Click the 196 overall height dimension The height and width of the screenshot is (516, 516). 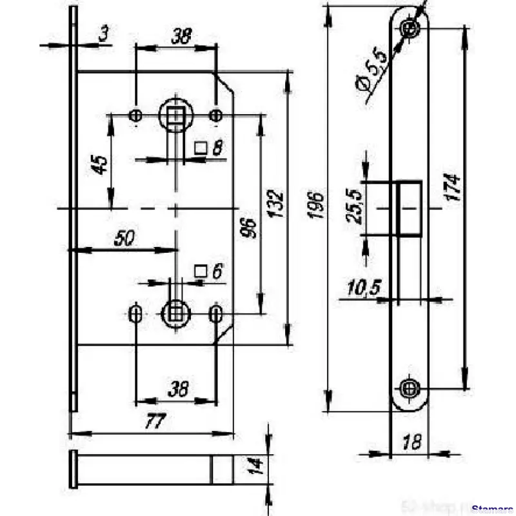click(316, 204)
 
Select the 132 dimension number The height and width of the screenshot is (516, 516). click(277, 205)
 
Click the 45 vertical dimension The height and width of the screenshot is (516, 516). click(99, 164)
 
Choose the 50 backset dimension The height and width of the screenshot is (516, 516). click(124, 238)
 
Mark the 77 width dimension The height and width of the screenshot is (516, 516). click(153, 422)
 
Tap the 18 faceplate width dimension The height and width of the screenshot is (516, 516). click(412, 442)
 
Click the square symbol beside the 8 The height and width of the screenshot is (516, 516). click(200, 148)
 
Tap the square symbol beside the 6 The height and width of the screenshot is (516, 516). click(200, 272)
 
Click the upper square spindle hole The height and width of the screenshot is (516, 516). click(174, 115)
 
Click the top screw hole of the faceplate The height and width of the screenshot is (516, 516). click(409, 27)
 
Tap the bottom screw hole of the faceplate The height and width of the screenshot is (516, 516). click(409, 388)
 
